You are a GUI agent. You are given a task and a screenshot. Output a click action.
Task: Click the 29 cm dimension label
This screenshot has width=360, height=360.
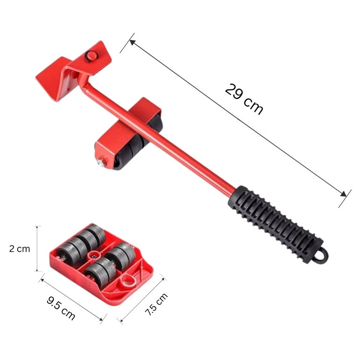(244, 99)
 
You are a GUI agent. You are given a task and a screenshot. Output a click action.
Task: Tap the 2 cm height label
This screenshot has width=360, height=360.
(20, 249)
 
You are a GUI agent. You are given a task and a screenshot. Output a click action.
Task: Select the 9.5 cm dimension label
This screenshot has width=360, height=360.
(61, 308)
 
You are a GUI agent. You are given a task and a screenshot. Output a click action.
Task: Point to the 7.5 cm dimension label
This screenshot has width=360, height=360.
(156, 304)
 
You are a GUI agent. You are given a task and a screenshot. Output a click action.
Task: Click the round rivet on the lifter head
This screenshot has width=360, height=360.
(91, 55)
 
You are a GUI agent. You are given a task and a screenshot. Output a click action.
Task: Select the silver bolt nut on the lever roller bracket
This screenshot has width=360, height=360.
(101, 162)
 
